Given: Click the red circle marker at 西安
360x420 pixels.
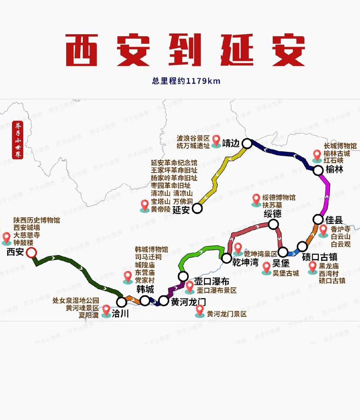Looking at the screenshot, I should pyautogui.click(x=31, y=253).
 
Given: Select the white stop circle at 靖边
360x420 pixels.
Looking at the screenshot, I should pyautogui.click(x=247, y=144).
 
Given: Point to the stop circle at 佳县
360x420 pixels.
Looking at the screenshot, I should pyautogui.click(x=318, y=220).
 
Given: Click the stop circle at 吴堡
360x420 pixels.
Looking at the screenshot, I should pyautogui.click(x=283, y=252).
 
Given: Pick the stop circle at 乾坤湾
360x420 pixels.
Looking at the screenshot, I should pyautogui.click(x=226, y=258).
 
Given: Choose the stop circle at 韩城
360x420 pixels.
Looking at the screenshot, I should pyautogui.click(x=145, y=300).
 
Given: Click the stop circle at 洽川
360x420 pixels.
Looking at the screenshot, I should pyautogui.click(x=121, y=302).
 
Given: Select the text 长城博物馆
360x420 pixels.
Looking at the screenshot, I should pyautogui.click(x=340, y=146).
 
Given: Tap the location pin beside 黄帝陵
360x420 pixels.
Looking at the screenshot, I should pyautogui.click(x=144, y=205).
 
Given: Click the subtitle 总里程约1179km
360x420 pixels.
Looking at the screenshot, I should pyautogui.click(x=186, y=81).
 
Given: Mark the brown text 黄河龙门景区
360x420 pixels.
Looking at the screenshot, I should pyautogui.click(x=227, y=314).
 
